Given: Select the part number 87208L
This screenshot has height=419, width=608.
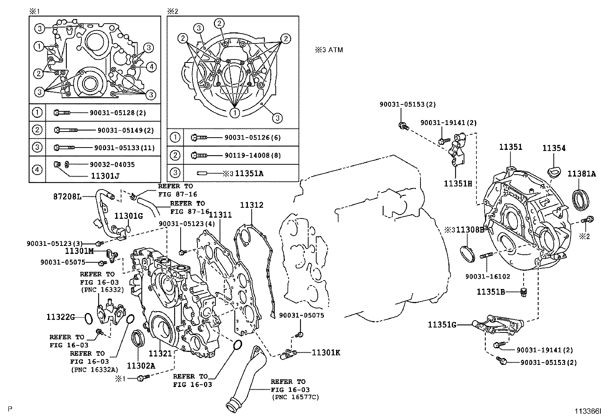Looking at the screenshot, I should point(67,197).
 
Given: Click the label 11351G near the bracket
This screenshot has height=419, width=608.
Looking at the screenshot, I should point(442,324).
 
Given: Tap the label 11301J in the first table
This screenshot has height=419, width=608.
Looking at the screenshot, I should point(105,176).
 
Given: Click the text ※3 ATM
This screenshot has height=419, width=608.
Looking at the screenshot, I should point(329,50).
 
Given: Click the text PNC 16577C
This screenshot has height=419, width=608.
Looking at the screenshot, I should point(296,397).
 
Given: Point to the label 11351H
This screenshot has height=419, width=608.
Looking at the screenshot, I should point(458,183).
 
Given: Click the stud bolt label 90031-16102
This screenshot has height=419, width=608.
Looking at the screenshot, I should point(488,276).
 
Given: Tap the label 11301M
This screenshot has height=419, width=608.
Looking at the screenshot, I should point(79,251).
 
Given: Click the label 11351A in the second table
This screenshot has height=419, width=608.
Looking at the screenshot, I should point(249,173).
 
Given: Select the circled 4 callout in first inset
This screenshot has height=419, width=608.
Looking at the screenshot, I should point(151,67).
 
